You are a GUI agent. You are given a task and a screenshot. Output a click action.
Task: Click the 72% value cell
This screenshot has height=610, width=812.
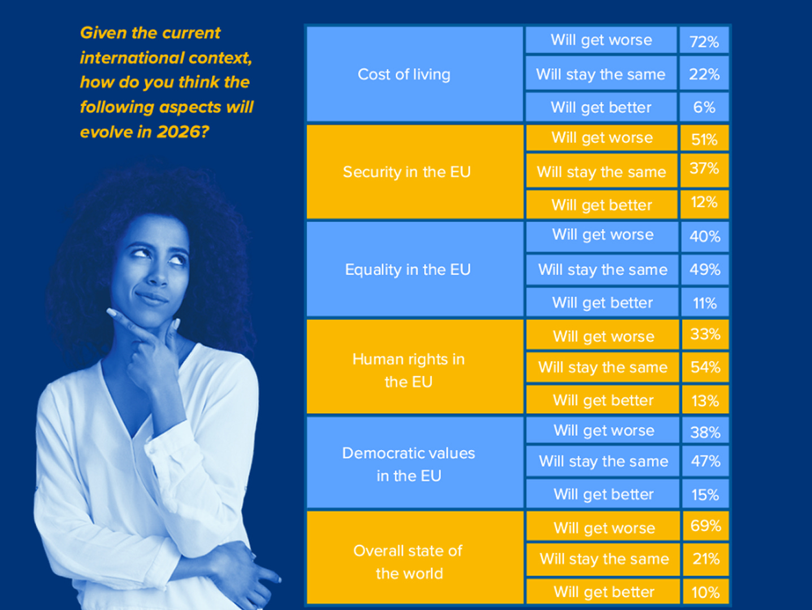[704, 40]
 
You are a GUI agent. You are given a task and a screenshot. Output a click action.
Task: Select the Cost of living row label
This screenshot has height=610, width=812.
[404, 75]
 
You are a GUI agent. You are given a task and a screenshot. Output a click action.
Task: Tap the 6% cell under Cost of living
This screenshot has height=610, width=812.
[704, 107]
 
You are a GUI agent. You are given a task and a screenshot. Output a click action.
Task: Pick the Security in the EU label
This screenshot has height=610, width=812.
[406, 172]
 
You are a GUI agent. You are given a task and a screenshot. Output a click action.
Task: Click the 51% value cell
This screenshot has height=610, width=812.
[704, 138]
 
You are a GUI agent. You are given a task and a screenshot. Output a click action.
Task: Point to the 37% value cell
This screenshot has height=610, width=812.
[704, 171]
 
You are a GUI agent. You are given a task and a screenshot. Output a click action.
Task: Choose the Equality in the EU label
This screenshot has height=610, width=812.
[407, 269]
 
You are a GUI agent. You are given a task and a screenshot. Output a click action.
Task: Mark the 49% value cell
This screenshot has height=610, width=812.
[705, 269]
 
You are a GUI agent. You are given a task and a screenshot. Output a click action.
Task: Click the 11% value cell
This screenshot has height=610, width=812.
[705, 302]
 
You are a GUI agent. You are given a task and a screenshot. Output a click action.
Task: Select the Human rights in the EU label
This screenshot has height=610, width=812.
[409, 371]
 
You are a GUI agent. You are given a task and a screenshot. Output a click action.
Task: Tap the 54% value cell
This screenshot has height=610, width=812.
[705, 367]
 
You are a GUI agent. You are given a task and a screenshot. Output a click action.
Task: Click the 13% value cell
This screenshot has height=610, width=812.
[705, 400]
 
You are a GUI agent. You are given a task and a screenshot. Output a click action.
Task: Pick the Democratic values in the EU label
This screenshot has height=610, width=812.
[409, 464]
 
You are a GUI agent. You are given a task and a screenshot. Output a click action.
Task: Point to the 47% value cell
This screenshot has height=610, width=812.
[705, 461]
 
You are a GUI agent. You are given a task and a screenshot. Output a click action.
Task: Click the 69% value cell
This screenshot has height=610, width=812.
[706, 526]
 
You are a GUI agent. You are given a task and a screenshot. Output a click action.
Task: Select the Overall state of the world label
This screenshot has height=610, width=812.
[408, 562]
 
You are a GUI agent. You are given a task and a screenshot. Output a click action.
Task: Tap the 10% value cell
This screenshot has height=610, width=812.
[706, 591]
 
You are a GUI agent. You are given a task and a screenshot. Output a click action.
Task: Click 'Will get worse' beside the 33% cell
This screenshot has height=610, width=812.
[603, 337]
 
